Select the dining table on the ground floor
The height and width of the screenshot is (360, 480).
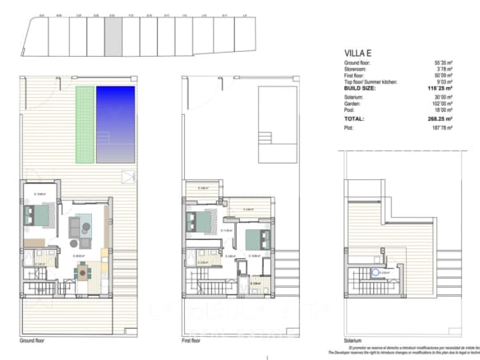pos(85,272)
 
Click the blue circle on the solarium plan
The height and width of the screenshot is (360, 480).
pos(376,273)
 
